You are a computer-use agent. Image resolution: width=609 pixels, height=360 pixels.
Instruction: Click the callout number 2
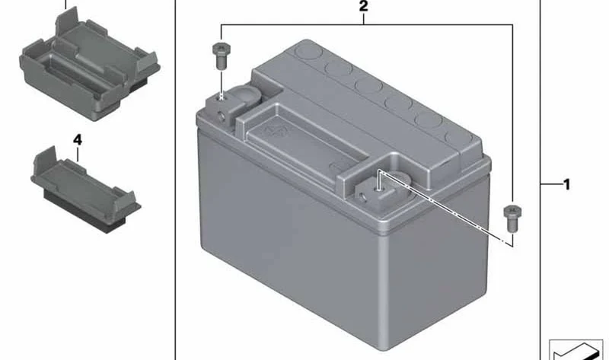pos(363,6)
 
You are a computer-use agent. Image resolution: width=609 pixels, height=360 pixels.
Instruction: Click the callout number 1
pos(567,184)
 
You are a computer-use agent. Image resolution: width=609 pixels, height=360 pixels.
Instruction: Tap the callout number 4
pos(78,140)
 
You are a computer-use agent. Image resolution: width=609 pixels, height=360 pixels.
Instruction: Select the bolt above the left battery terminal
pos(222,56)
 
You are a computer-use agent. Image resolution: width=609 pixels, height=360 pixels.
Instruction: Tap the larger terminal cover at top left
pos(89,64)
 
